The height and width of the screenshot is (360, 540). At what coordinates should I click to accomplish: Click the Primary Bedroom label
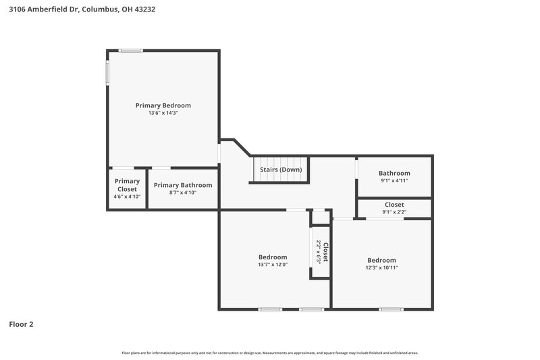tap(163, 105)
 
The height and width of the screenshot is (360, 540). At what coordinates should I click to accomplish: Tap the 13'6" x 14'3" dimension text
tap(163, 113)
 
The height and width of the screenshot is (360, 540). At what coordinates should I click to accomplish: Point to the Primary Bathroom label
tap(183, 185)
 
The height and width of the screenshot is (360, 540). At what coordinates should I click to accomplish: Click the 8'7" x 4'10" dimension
tap(183, 192)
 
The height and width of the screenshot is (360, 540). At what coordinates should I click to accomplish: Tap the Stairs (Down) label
tap(281, 170)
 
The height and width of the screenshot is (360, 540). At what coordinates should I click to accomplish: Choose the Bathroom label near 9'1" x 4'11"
tap(394, 173)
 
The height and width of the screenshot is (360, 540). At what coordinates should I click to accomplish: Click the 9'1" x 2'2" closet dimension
tap(394, 212)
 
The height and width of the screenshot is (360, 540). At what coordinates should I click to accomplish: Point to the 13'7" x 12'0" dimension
tap(273, 265)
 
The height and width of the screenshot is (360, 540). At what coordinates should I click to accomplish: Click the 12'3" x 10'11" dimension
tap(381, 267)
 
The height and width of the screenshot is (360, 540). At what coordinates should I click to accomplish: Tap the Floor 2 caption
tap(21, 324)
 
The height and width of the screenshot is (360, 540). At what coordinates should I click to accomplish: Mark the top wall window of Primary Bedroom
tap(130, 50)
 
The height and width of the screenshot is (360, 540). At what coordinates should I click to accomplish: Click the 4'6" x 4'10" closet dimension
tap(127, 197)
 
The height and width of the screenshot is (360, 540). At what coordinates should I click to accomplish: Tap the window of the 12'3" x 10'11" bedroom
tap(391, 309)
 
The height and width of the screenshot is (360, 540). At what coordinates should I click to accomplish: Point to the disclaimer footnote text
tap(270, 353)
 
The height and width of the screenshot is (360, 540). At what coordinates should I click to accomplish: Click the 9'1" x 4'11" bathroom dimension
tap(394, 180)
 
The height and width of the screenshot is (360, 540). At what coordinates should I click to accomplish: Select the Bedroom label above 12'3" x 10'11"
tap(381, 260)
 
